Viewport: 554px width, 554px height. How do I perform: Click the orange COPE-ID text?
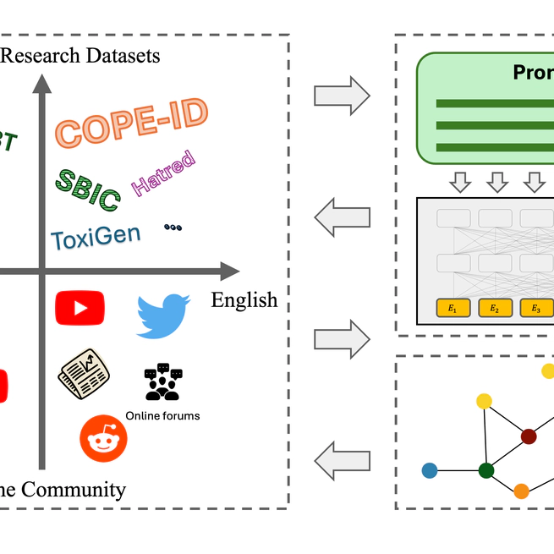coord(132,123)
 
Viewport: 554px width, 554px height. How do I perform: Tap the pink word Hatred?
coord(163,173)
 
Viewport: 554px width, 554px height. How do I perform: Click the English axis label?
coord(244,299)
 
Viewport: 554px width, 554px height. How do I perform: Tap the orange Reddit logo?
coord(103,438)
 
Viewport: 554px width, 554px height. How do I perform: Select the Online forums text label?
coord(162,415)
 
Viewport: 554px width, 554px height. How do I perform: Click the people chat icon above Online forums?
coord(162,382)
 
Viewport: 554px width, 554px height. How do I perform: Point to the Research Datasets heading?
coord(80,56)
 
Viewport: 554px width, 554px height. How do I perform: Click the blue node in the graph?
coord(430,469)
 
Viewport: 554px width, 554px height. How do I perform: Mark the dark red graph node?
coord(529,436)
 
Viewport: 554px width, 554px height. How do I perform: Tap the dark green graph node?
coord(485,470)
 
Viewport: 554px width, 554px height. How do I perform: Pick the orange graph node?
coord(521,491)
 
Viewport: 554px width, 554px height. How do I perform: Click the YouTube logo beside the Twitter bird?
coord(80,308)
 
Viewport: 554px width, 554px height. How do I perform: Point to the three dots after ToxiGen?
coord(173,228)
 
